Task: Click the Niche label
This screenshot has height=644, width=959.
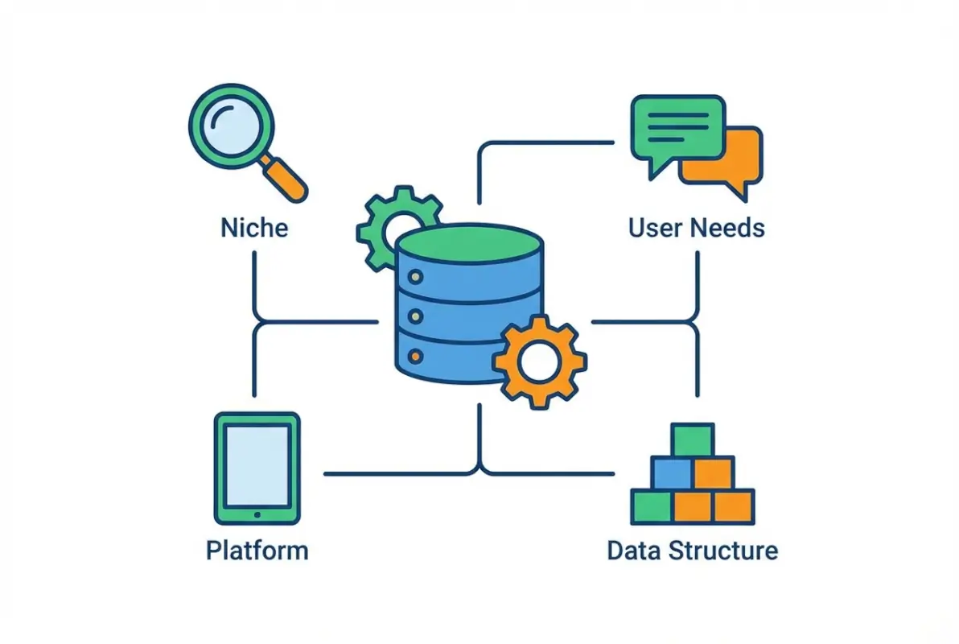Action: pyautogui.click(x=253, y=228)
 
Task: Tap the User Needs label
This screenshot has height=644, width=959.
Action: pyautogui.click(x=696, y=228)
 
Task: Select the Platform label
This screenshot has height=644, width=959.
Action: pyautogui.click(x=257, y=551)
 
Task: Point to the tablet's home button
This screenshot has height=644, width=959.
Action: pyautogui.click(x=257, y=514)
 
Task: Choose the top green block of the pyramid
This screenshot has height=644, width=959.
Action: pyautogui.click(x=693, y=440)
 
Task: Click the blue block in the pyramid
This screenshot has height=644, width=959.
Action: pyautogui.click(x=672, y=473)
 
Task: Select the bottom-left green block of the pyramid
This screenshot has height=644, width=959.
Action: pyautogui.click(x=652, y=506)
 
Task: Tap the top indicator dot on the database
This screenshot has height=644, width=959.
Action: pyautogui.click(x=415, y=277)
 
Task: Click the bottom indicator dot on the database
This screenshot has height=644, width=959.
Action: pyautogui.click(x=415, y=354)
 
